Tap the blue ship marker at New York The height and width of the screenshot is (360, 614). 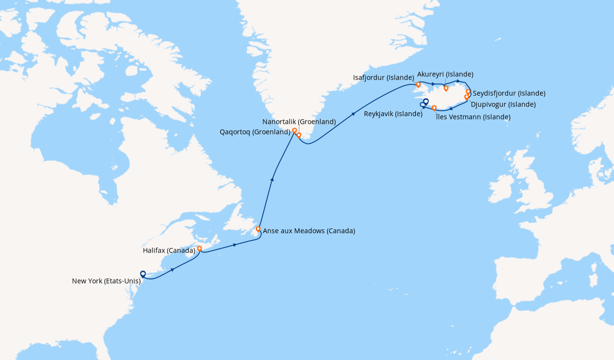pyautogui.click(x=143, y=274)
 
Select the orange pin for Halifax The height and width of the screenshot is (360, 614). pyautogui.click(x=200, y=249)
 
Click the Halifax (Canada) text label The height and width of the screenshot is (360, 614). pyautogui.click(x=169, y=251)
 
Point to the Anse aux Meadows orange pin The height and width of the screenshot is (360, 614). pyautogui.click(x=258, y=229)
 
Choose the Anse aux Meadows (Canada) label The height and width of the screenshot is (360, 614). pyautogui.click(x=309, y=231)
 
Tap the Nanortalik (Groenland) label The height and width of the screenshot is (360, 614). pyautogui.click(x=299, y=122)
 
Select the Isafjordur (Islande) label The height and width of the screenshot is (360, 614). pyautogui.click(x=383, y=77)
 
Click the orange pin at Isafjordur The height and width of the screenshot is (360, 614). pyautogui.click(x=418, y=84)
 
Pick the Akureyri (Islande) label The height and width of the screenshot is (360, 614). pyautogui.click(x=445, y=74)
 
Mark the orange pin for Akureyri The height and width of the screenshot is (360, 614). pyautogui.click(x=446, y=88)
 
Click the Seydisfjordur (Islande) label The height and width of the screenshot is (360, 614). pyautogui.click(x=509, y=93)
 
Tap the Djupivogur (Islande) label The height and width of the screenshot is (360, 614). pyautogui.click(x=503, y=104)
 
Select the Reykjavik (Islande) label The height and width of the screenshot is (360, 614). pyautogui.click(x=393, y=114)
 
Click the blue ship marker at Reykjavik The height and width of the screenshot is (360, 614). pyautogui.click(x=425, y=101)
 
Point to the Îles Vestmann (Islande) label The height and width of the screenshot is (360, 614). pyautogui.click(x=473, y=117)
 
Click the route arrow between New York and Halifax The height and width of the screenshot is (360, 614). pyautogui.click(x=172, y=270)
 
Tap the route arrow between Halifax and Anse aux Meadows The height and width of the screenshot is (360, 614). pyautogui.click(x=235, y=245)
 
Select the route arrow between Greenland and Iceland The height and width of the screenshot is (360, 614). pyautogui.click(x=354, y=114)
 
